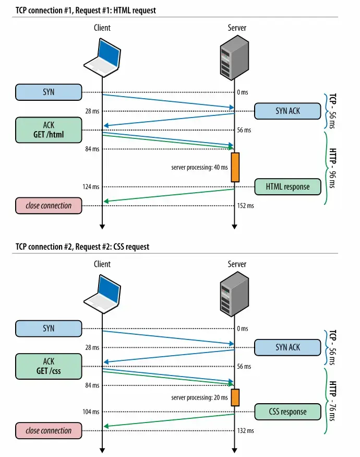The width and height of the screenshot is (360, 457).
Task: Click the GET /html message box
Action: click(49, 130)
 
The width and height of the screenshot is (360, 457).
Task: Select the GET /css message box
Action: click(49, 366)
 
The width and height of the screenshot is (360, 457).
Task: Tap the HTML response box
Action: click(287, 186)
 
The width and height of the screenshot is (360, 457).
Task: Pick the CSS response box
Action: click(287, 412)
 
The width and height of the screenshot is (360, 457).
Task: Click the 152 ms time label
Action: click(245, 206)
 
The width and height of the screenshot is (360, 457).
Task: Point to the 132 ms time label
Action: click(245, 431)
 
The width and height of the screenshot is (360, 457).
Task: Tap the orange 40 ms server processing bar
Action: click(235, 167)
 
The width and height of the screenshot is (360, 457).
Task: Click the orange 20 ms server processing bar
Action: click(235, 397)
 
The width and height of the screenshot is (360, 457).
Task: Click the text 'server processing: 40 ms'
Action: click(199, 168)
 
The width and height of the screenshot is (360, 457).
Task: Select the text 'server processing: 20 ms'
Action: click(199, 398)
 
